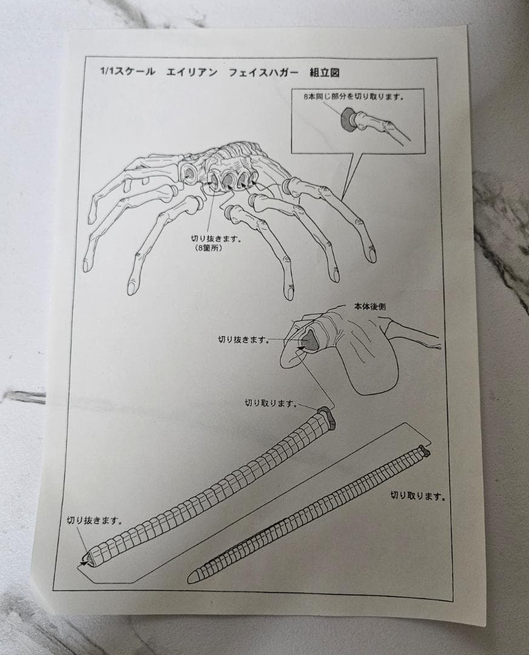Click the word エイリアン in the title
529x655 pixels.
(192, 72)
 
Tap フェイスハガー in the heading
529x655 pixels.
(264, 72)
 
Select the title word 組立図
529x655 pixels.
(324, 73)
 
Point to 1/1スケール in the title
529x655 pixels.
(127, 71)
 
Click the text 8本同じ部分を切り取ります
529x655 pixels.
(354, 96)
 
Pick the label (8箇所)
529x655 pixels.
(208, 248)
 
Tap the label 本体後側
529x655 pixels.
(370, 307)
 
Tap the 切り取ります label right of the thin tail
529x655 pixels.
(417, 496)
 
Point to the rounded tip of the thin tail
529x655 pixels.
(190, 579)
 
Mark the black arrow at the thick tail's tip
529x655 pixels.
(85, 563)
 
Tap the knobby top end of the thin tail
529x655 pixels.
(425, 451)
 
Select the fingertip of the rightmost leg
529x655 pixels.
(371, 254)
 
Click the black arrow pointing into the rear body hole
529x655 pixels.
(302, 346)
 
